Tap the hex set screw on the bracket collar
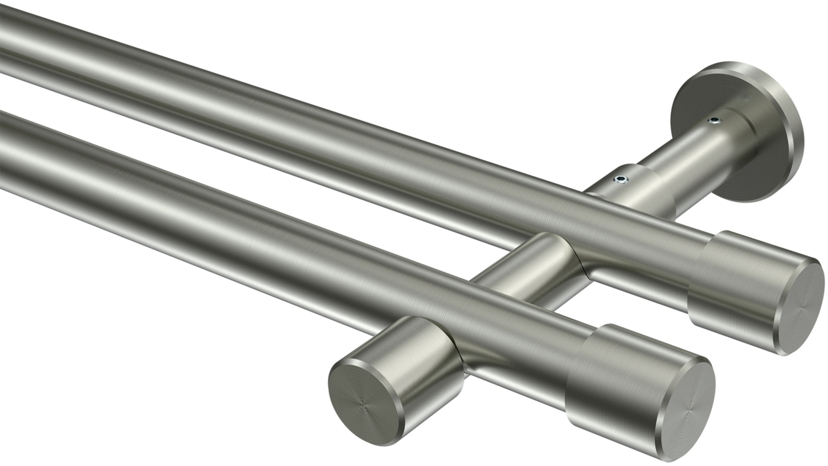[622, 178]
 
